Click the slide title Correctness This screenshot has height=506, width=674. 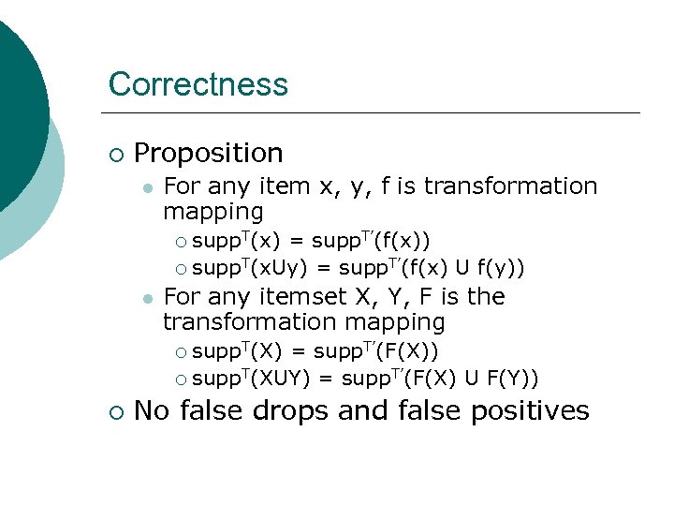(x=198, y=84)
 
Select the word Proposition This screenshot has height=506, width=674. (x=209, y=153)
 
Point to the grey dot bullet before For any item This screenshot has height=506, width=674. (x=147, y=187)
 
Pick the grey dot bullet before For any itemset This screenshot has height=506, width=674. (x=147, y=298)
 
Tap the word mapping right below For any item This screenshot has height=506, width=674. (x=213, y=211)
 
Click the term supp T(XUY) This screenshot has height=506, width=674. (x=253, y=379)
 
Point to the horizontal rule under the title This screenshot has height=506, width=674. (x=374, y=113)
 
